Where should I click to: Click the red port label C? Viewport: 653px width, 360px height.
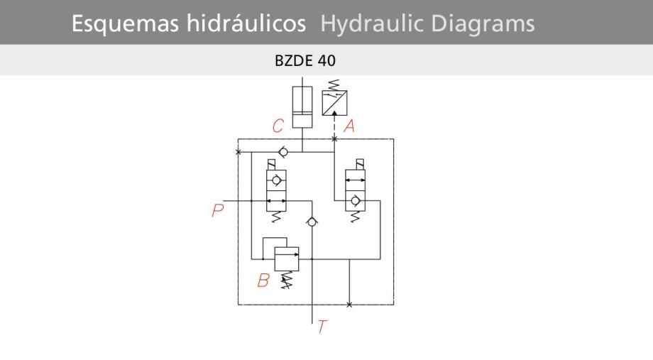tap(278, 126)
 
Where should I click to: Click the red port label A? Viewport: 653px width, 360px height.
tap(349, 126)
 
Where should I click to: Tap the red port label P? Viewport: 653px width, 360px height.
tap(218, 211)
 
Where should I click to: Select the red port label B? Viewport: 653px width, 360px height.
tap(263, 280)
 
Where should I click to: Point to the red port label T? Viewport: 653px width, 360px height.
tap(322, 327)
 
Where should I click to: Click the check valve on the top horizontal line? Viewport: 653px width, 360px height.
tap(282, 152)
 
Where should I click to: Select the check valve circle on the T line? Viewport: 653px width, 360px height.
tap(311, 223)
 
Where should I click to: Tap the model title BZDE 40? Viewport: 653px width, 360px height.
tap(305, 60)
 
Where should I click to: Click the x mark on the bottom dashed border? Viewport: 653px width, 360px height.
tap(349, 305)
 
